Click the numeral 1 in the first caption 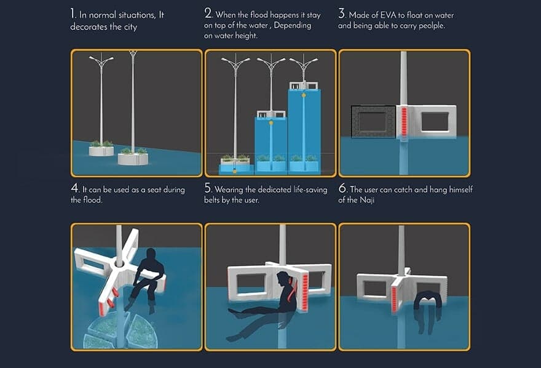tap(73, 14)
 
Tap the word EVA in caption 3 tap(389, 15)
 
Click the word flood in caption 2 tap(259, 15)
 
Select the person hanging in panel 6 tap(428, 311)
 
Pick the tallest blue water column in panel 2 tap(304, 130)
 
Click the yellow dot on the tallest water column tap(304, 95)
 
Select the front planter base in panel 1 tap(133, 159)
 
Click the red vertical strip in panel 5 tap(305, 292)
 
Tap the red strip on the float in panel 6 tap(394, 299)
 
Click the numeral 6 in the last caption tap(342, 188)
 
